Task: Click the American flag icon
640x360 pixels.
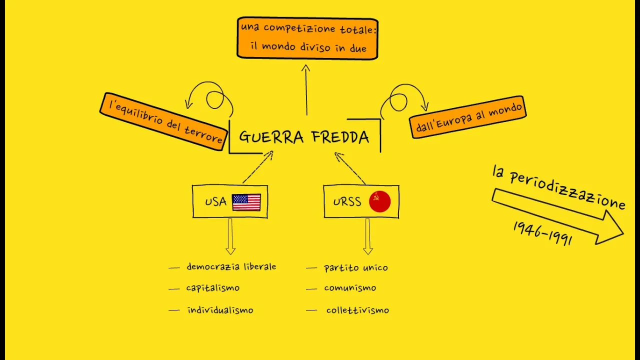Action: (x=246, y=202)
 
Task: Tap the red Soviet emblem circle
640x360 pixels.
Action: (x=379, y=202)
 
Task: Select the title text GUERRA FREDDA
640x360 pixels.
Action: (x=304, y=137)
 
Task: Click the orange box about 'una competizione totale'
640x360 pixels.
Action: (x=307, y=38)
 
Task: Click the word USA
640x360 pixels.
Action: (x=215, y=202)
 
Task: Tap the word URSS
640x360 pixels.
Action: (x=347, y=202)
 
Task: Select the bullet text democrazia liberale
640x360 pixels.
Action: (x=231, y=267)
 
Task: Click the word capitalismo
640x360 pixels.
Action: (x=212, y=288)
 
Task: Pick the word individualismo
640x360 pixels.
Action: (x=220, y=310)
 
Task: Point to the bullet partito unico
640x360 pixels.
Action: (x=355, y=268)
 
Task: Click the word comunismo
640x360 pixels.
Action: (x=350, y=288)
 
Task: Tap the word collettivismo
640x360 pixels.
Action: (x=357, y=310)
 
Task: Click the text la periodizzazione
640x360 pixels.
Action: (x=558, y=187)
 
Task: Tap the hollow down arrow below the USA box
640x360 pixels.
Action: (x=230, y=237)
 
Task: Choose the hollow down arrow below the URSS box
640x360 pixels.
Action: (x=367, y=237)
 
